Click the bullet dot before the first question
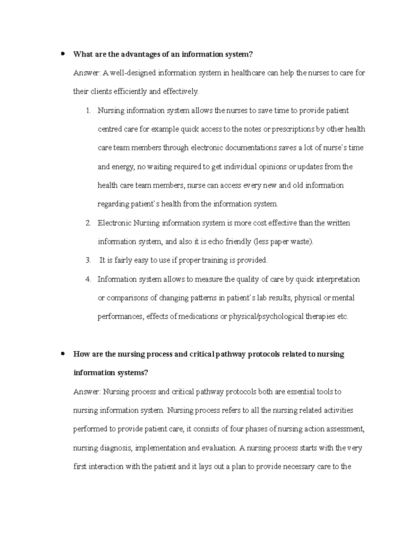pyautogui.click(x=63, y=54)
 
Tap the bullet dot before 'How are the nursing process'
pyautogui.click(x=63, y=354)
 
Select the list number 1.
pyautogui.click(x=88, y=111)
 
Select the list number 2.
pyautogui.click(x=88, y=223)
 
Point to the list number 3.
pyautogui.click(x=88, y=260)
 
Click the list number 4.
pyautogui.click(x=88, y=279)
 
